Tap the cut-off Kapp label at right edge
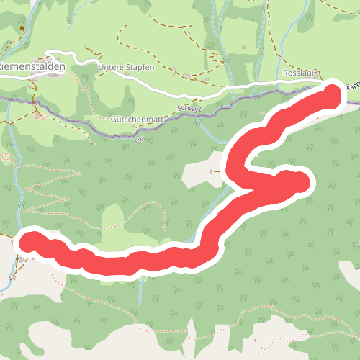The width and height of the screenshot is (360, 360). (x=352, y=86)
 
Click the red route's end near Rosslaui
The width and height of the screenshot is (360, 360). (x=331, y=94)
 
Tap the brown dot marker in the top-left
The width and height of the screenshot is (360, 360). (x=22, y=29)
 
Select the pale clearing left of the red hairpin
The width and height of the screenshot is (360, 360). (x=202, y=169)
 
